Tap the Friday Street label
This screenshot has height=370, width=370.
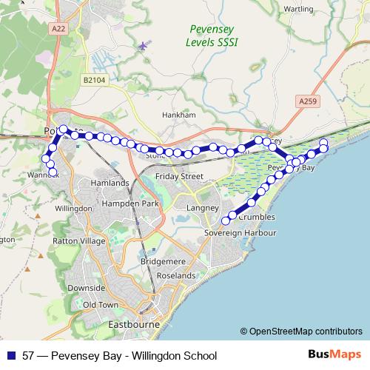point(180,176)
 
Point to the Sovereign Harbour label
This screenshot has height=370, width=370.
point(239,232)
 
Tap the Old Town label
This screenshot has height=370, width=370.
point(101,304)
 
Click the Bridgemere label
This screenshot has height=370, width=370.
point(163,263)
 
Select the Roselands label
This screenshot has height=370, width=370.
point(175,275)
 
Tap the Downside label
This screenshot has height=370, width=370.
point(86,287)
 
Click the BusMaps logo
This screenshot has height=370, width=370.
point(334,354)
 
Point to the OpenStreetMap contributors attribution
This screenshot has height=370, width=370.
point(301,331)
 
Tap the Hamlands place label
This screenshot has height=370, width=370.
point(110,183)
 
